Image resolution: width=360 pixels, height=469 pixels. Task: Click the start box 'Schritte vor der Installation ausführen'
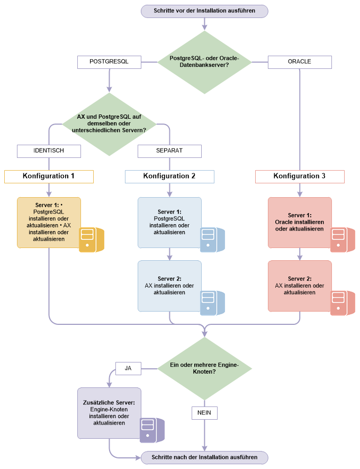pyautogui.click(x=204, y=11)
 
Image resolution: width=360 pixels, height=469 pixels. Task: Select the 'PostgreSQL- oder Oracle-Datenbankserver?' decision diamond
pyautogui.click(x=204, y=61)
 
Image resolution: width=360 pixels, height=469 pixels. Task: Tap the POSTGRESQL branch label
pyautogui.click(x=109, y=62)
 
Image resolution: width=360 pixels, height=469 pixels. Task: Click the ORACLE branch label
pyautogui.click(x=300, y=62)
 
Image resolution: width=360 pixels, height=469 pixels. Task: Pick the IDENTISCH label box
pyautogui.click(x=49, y=151)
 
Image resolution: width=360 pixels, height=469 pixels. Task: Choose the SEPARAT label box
pyautogui.click(x=169, y=151)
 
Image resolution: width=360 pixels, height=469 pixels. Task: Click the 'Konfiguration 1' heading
pyautogui.click(x=49, y=176)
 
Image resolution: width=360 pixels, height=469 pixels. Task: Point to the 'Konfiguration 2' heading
pyautogui.click(x=169, y=176)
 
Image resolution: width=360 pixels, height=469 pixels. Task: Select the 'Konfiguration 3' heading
pyautogui.click(x=300, y=176)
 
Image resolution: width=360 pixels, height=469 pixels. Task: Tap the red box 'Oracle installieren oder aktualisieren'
pyautogui.click(x=300, y=222)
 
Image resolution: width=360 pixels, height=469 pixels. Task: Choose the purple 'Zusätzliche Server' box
pyautogui.click(x=109, y=413)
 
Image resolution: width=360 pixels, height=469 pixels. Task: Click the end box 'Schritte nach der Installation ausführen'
pyautogui.click(x=204, y=457)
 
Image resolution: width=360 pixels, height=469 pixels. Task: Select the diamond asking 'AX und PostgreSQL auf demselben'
pyautogui.click(x=109, y=125)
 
